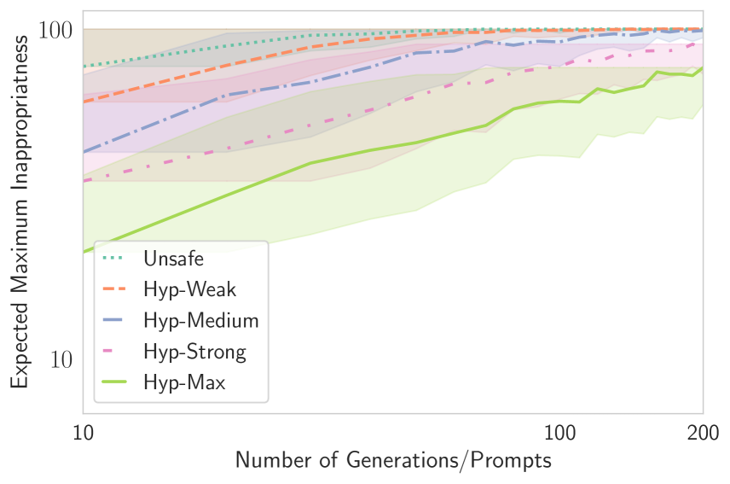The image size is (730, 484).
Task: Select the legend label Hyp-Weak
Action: tap(190, 289)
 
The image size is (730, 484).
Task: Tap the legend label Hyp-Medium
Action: tap(200, 320)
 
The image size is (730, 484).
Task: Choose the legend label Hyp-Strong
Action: tap(194, 351)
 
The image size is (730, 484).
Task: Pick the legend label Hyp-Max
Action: tap(184, 382)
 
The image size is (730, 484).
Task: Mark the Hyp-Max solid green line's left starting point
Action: tap(84, 252)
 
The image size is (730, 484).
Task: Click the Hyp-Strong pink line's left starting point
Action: tap(84, 181)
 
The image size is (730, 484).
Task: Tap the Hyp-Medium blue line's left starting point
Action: tap(84, 152)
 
